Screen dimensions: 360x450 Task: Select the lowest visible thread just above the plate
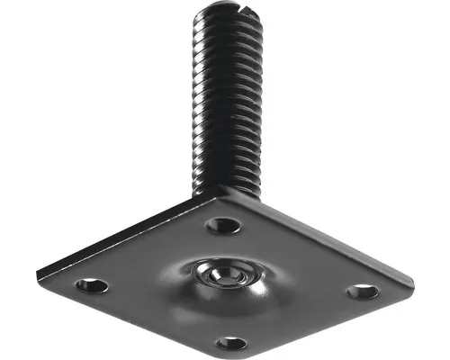pyautogui.click(x=227, y=184)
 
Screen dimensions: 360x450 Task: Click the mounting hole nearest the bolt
pyautogui.click(x=223, y=225)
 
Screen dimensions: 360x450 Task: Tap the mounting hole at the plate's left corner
pyautogui.click(x=92, y=285)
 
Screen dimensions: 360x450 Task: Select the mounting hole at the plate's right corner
pyautogui.click(x=363, y=291)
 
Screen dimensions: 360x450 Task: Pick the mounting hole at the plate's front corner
pyautogui.click(x=231, y=342)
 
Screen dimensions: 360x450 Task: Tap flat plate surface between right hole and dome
pyautogui.click(x=306, y=284)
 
